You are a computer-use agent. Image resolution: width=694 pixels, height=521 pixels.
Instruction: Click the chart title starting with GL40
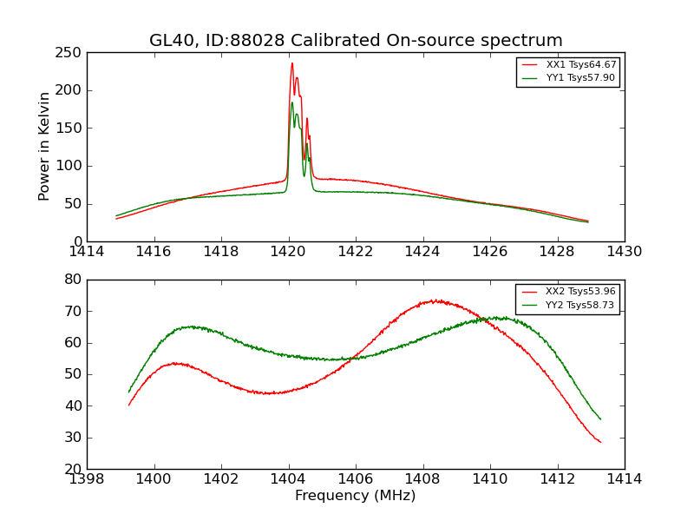(356, 41)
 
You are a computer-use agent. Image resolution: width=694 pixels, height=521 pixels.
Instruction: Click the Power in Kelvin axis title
(45, 147)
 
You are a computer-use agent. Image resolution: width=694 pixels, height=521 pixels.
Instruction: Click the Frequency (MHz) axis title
(356, 496)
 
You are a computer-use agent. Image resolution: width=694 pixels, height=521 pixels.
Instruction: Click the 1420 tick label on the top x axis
(288, 252)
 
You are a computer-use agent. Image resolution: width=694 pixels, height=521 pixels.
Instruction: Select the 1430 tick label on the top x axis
(624, 252)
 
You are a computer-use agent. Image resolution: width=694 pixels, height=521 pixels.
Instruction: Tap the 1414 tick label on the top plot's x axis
(87, 252)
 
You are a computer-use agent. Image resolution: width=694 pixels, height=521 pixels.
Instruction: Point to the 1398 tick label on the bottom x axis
(87, 479)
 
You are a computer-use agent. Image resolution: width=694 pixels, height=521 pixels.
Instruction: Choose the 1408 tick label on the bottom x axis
(422, 479)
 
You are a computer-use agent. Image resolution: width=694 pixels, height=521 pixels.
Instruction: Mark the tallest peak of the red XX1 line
(291, 63)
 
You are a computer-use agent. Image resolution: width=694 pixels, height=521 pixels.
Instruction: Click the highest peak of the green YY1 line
(291, 102)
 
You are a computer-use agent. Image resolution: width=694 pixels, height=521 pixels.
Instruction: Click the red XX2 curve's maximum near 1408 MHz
(434, 300)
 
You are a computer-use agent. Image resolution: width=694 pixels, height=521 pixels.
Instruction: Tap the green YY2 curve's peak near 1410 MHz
(496, 317)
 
